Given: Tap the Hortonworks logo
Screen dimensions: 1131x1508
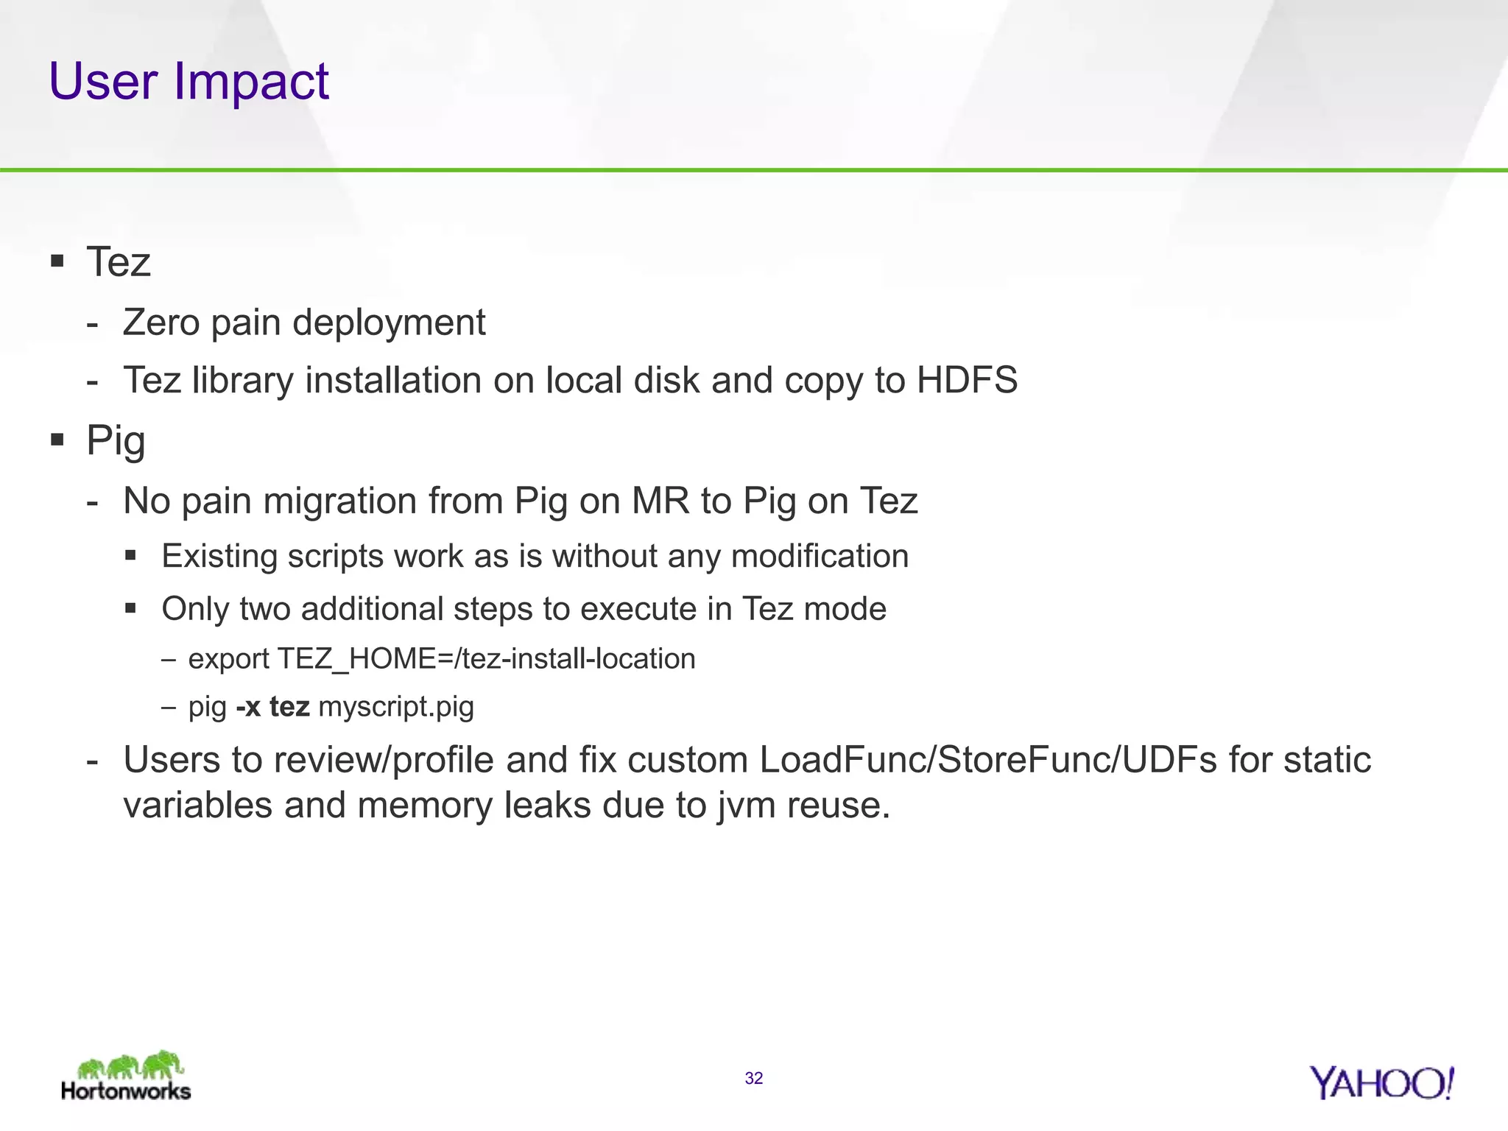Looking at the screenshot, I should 126,1076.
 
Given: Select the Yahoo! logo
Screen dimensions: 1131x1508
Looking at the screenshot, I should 1381,1082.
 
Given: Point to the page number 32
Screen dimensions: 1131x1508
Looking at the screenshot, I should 753,1078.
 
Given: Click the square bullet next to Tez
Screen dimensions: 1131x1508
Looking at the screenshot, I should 57,261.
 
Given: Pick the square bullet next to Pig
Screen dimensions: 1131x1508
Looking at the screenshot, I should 57,440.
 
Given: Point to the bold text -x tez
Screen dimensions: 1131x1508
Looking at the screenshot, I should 272,706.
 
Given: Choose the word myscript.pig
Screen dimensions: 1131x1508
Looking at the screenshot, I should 396,707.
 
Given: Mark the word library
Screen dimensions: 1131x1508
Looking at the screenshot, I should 242,381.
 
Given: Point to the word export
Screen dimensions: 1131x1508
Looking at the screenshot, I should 229,659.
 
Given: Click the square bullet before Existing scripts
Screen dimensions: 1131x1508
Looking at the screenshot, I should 131,555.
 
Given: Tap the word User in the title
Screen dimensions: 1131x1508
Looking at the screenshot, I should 103,82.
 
